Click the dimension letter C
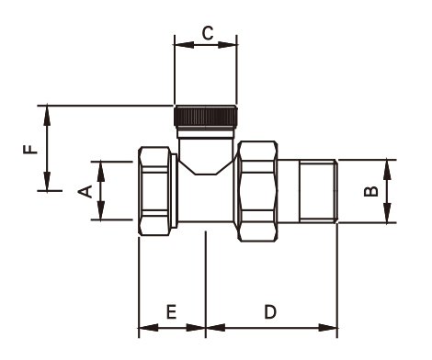pos(208,33)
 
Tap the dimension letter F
pos(30,149)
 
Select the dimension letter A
pos(85,192)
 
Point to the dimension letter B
pos(370,191)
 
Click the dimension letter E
pos(171,312)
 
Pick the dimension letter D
pos(270,312)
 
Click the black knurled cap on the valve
pos(206,116)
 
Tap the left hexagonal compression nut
pos(154,191)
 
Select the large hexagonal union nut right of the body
pos(258,191)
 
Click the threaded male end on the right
pos(318,191)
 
